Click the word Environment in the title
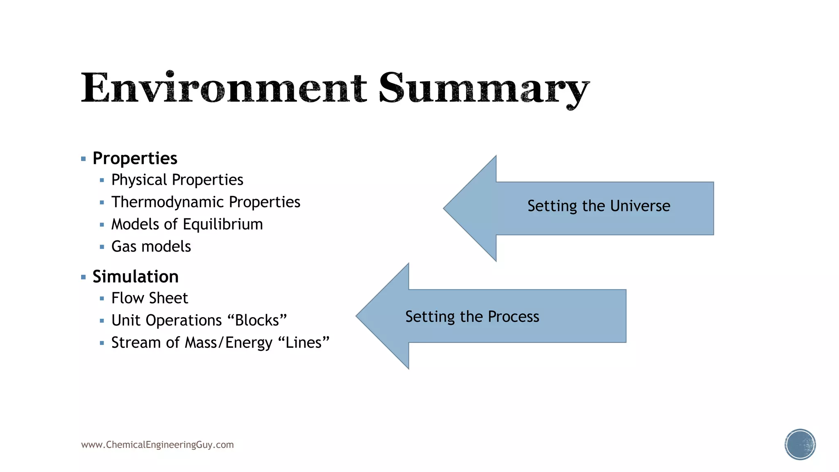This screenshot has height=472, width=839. (x=223, y=88)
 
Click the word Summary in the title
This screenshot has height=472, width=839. (x=483, y=88)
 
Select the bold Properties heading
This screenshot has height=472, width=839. (x=135, y=159)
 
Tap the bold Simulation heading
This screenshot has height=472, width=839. (x=135, y=277)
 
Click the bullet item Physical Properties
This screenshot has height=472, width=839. (x=177, y=180)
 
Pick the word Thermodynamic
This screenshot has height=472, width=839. (x=168, y=202)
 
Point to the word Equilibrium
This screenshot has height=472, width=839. (x=222, y=224)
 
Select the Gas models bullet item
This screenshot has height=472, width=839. (x=151, y=247)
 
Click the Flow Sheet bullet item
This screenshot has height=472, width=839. (x=150, y=298)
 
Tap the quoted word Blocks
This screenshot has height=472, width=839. (x=257, y=320)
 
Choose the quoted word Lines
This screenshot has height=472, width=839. (x=304, y=343)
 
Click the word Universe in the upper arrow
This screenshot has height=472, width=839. (x=640, y=206)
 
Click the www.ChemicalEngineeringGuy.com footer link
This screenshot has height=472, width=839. (x=157, y=445)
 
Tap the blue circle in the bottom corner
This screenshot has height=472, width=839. (x=800, y=445)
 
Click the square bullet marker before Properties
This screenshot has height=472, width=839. (x=84, y=159)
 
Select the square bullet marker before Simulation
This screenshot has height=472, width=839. (x=84, y=277)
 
